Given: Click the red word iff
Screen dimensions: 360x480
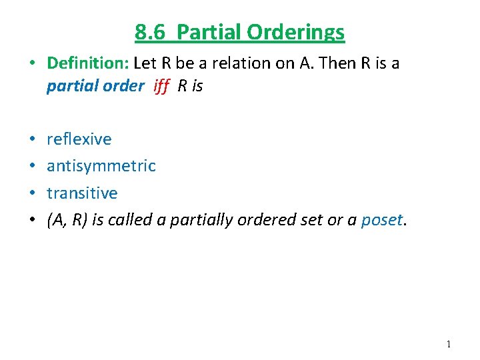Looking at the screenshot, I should (161, 86).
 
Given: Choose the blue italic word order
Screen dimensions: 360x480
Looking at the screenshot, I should (125, 86).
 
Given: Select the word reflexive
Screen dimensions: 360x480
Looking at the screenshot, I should (79, 139).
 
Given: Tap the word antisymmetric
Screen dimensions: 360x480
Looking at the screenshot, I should (101, 165).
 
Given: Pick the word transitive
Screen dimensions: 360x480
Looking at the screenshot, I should (82, 193).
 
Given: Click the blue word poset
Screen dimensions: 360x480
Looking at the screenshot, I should (381, 220).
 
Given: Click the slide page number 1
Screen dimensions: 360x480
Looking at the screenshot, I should (449, 344).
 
